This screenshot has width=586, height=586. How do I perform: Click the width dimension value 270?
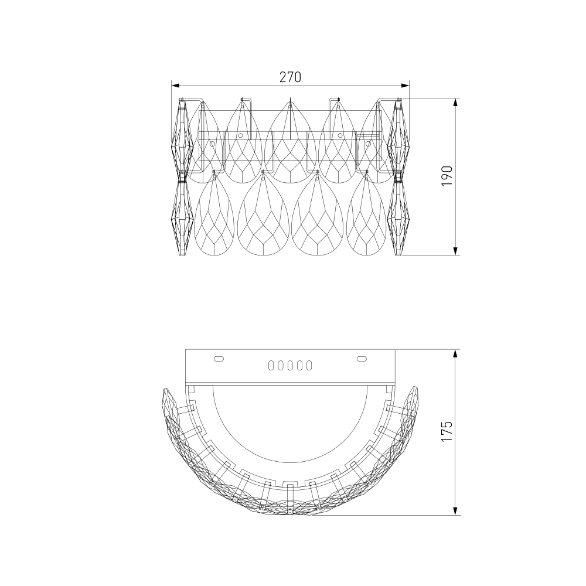pyautogui.click(x=290, y=77)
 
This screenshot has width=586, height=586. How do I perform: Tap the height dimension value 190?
pyautogui.click(x=447, y=176)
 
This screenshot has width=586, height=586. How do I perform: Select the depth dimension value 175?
pyautogui.click(x=447, y=431)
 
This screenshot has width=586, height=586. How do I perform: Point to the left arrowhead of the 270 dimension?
pyautogui.click(x=176, y=86)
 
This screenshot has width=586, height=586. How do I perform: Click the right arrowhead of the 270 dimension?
pyautogui.click(x=405, y=86)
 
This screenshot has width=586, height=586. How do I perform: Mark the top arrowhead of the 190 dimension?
pyautogui.click(x=455, y=103)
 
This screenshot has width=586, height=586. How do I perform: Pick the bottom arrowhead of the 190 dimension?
pyautogui.click(x=455, y=251)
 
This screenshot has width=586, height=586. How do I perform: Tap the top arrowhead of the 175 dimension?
pyautogui.click(x=455, y=355)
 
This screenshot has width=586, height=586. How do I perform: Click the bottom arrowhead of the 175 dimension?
pyautogui.click(x=455, y=511)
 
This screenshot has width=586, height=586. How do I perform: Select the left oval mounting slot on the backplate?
pyautogui.click(x=219, y=359)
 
